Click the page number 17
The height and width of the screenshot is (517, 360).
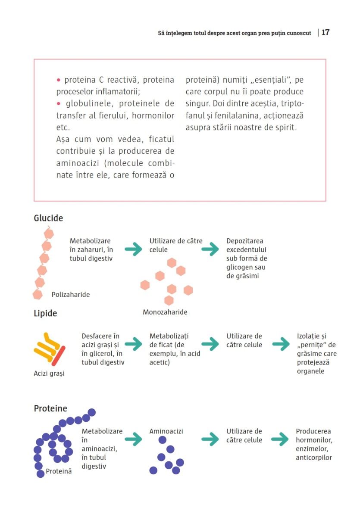(x=326, y=33)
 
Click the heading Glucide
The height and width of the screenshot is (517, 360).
(x=48, y=218)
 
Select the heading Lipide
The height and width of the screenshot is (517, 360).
(x=45, y=313)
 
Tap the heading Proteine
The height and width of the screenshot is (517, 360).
(x=50, y=408)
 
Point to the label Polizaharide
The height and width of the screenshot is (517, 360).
(x=71, y=295)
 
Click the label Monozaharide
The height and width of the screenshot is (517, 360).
(x=165, y=312)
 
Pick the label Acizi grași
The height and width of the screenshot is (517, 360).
(x=49, y=373)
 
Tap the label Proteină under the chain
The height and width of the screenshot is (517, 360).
(x=59, y=471)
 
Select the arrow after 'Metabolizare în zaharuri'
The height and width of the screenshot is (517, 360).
(x=133, y=249)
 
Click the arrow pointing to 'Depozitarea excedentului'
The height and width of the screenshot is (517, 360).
(x=210, y=249)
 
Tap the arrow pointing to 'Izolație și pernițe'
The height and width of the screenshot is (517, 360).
(x=281, y=344)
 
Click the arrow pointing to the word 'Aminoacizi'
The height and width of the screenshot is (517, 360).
(x=133, y=439)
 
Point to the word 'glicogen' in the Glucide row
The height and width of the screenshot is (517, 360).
(x=239, y=267)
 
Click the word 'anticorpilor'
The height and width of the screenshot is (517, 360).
(x=314, y=458)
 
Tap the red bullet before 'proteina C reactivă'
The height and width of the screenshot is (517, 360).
(x=59, y=80)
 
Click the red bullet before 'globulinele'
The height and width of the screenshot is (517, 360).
(x=59, y=104)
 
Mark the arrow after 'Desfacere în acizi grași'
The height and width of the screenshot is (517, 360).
(x=133, y=344)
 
